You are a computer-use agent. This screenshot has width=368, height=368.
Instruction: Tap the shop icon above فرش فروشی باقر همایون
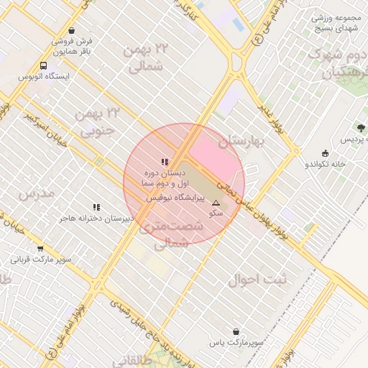point(71,31)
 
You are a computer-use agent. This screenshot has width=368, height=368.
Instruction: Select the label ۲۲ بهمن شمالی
point(146,58)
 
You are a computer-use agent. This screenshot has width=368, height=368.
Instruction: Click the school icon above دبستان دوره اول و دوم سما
point(165,162)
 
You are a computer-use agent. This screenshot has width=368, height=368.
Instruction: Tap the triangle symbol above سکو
point(216,203)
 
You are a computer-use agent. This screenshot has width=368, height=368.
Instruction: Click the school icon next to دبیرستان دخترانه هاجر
point(96,208)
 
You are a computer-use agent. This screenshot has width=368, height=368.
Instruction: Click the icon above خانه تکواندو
point(325,153)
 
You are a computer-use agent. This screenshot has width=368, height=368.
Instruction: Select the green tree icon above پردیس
point(361,127)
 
